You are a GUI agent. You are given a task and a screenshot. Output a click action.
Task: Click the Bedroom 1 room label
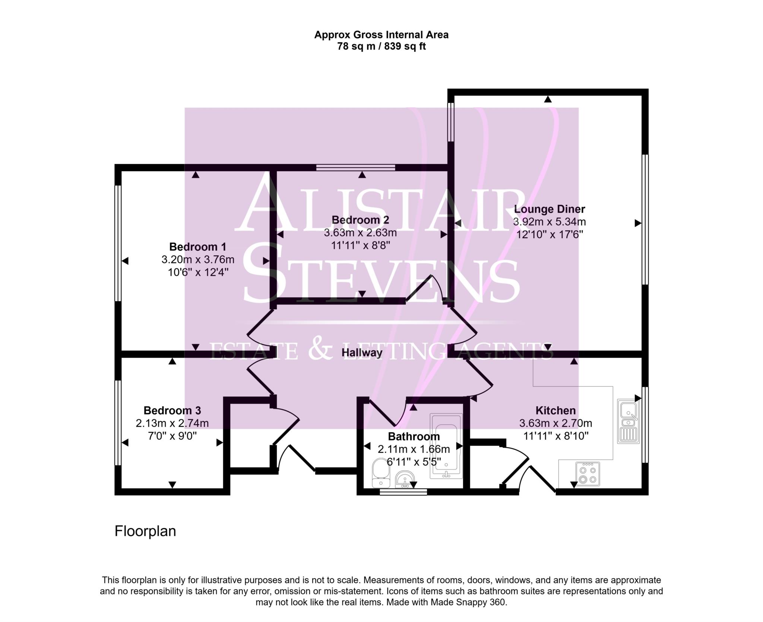click(197, 247)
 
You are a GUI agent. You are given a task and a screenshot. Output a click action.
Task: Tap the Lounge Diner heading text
click(549, 209)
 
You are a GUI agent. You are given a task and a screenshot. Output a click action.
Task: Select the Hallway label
click(362, 352)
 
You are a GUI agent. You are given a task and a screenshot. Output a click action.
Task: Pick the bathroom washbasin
click(404, 479)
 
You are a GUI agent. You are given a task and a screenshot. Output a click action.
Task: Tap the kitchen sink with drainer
click(628, 421)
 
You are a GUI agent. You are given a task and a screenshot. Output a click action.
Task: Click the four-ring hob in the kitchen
click(588, 474)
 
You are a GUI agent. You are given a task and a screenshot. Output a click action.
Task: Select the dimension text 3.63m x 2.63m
click(360, 233)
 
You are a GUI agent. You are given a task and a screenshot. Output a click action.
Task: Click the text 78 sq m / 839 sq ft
click(381, 47)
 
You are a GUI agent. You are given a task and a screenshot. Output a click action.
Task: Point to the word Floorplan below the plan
click(145, 531)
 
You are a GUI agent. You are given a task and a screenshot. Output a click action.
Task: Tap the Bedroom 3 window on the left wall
click(118, 422)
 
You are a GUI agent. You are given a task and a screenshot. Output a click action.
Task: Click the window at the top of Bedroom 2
click(355, 168)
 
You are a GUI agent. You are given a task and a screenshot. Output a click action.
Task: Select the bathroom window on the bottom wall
click(403, 492)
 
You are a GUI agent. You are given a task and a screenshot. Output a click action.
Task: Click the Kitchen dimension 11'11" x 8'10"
click(555, 436)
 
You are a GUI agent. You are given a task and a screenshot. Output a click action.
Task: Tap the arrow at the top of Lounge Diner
click(547, 99)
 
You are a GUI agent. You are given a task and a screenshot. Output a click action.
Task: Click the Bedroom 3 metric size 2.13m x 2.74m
click(172, 423)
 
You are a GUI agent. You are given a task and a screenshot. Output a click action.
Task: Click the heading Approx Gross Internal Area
click(381, 35)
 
